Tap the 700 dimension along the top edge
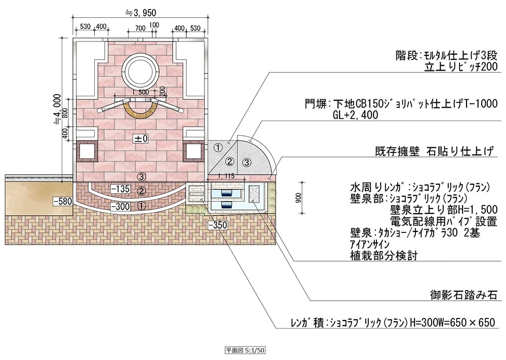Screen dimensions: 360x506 click(140, 27)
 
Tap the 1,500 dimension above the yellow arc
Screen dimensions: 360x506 click(140, 92)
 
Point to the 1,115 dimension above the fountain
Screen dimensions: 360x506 click(228, 176)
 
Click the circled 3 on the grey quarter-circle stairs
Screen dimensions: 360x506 click(246, 162)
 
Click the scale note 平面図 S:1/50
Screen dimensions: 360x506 click(245, 350)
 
